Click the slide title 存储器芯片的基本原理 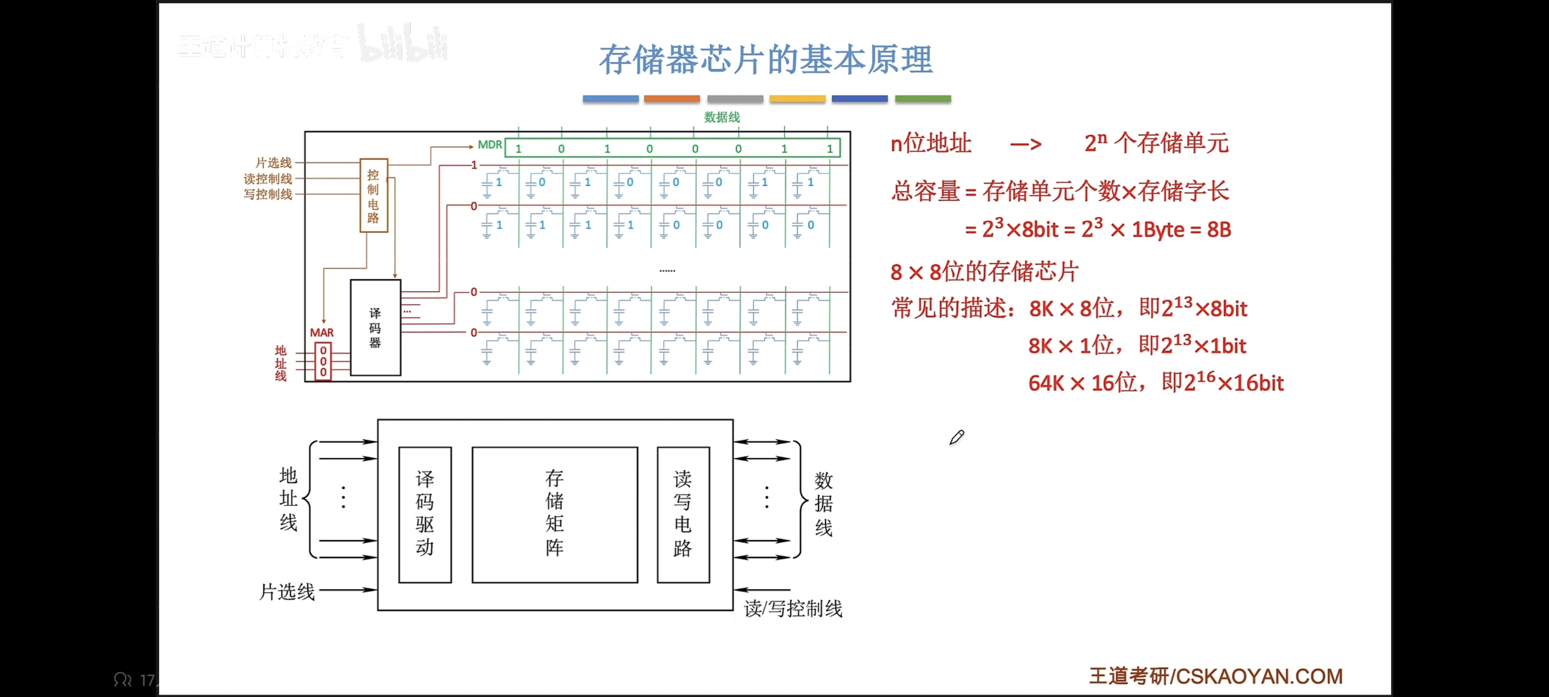point(765,60)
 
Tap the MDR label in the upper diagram point(489,145)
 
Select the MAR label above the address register point(322,333)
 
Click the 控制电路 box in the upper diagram point(373,196)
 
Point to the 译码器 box point(375,328)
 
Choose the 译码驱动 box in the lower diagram point(425,514)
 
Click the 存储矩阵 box point(554,514)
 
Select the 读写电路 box point(683,514)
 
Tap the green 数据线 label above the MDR point(722,117)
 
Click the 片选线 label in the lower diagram point(287,592)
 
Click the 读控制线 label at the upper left point(268,179)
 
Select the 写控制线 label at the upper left point(268,194)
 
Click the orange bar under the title point(672,99)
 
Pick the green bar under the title point(923,99)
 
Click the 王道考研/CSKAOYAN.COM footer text point(1215,677)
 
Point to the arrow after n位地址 point(1026,144)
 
